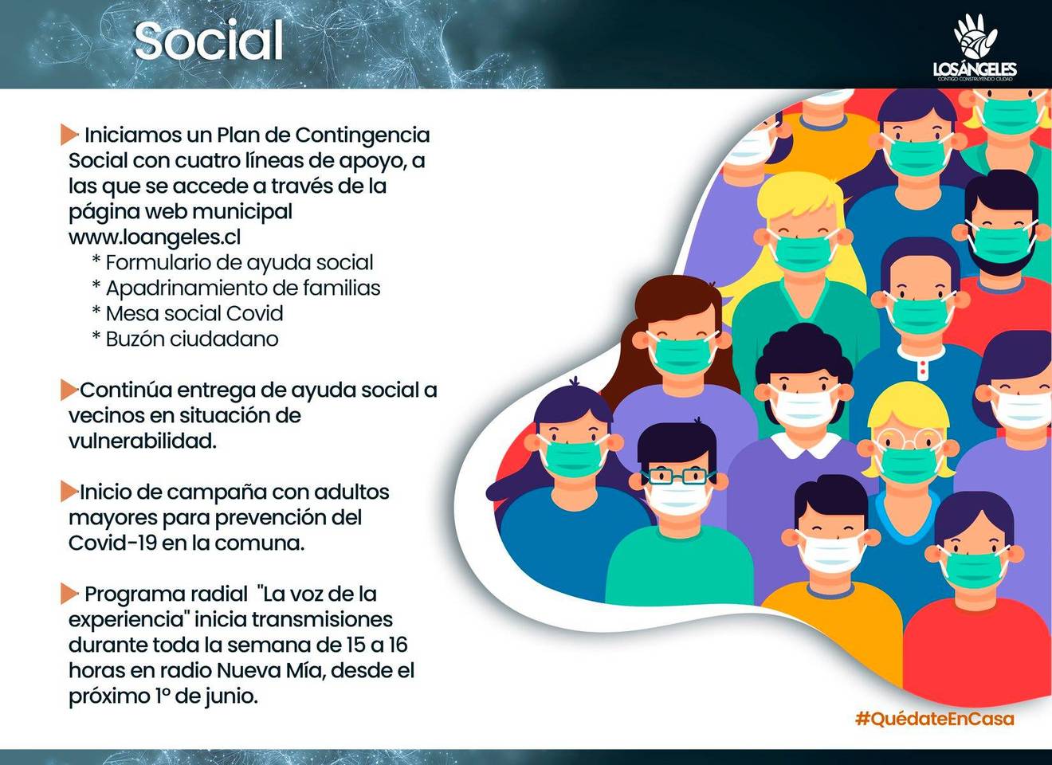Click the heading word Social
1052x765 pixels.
[209, 41]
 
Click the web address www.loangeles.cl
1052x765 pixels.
[155, 237]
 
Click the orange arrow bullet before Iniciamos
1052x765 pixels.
[69, 135]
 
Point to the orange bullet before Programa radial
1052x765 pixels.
[69, 594]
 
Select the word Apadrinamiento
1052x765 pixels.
[187, 288]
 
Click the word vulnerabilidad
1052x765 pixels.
[143, 441]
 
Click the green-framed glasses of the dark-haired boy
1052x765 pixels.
[678, 476]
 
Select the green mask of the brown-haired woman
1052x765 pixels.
[684, 355]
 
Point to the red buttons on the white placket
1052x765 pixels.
[923, 367]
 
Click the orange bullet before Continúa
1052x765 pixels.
[69, 390]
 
